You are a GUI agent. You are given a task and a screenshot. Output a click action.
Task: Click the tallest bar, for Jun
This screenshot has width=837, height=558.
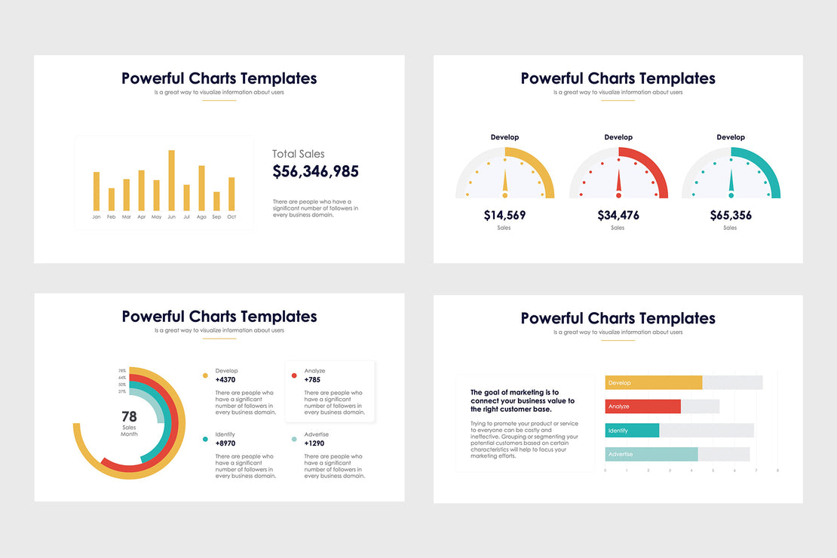click(x=171, y=180)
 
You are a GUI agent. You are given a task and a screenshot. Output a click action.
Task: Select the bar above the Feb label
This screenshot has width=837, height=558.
click(x=112, y=199)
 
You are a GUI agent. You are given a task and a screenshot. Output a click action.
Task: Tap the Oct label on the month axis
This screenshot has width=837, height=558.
click(x=231, y=217)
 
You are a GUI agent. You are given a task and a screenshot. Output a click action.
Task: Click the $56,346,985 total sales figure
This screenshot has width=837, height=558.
click(x=315, y=172)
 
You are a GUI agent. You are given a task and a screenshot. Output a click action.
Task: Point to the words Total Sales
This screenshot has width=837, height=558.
click(x=299, y=154)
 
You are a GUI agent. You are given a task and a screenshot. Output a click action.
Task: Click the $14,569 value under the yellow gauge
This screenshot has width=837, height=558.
click(x=504, y=216)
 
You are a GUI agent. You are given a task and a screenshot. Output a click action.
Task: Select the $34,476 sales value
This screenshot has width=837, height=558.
click(x=618, y=216)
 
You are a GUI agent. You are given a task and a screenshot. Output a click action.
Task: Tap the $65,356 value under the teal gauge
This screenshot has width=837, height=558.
click(x=731, y=216)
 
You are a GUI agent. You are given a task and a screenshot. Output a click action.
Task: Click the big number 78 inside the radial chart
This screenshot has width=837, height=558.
click(x=129, y=416)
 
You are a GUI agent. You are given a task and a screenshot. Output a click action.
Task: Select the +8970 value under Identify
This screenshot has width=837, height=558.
click(x=226, y=444)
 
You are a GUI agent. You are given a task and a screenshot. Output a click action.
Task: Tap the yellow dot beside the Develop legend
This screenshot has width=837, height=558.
click(x=204, y=375)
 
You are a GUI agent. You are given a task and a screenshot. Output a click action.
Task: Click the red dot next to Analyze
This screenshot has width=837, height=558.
click(x=293, y=375)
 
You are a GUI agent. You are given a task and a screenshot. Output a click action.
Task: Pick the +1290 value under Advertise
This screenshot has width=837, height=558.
click(x=315, y=444)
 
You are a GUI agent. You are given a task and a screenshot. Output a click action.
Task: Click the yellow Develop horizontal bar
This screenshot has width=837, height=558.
click(x=653, y=383)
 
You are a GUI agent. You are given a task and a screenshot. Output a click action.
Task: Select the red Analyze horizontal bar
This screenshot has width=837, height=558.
click(x=642, y=406)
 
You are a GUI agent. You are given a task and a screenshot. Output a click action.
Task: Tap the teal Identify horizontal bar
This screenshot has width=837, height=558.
click(x=632, y=431)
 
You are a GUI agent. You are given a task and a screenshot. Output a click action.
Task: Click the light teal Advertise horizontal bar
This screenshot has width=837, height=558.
click(x=652, y=454)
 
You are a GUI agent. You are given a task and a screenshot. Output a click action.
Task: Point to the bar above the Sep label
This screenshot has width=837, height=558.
click(x=216, y=201)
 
